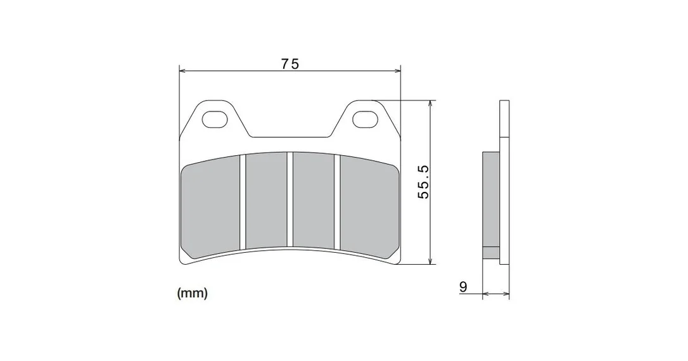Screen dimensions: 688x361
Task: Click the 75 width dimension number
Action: coord(290,64)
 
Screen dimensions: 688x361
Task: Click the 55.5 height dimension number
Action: coord(424,182)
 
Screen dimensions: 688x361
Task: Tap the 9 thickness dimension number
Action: coord(463,287)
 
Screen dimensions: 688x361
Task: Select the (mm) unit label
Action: coord(192,293)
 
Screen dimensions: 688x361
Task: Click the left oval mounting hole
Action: coord(215,119)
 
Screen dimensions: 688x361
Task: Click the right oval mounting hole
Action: coord(366,119)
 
